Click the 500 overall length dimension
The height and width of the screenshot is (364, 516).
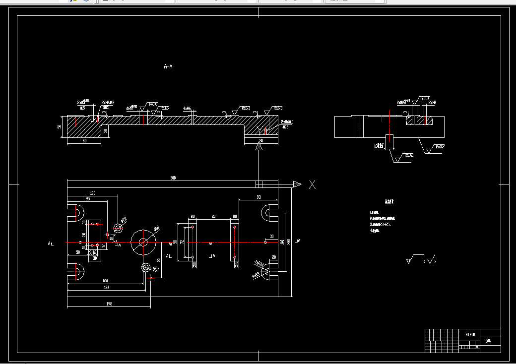coord(173,178)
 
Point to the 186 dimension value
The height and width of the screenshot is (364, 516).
coord(106,288)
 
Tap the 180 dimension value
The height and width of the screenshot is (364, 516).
coord(105,281)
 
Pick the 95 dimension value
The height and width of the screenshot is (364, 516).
coord(88,198)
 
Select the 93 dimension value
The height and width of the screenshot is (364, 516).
coord(258,197)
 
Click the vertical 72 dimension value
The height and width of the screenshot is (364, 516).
coord(182,242)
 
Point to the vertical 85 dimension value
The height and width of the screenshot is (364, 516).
coord(159,259)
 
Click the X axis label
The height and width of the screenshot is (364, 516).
coord(312,184)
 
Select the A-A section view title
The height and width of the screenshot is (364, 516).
coord(168,66)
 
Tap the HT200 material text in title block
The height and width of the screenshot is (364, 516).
coord(470,334)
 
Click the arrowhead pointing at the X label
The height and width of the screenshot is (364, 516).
coord(297,184)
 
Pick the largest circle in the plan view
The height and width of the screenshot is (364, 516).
coord(143,242)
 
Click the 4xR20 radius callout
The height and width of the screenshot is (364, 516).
coord(258,263)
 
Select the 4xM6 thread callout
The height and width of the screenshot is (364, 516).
coord(187,108)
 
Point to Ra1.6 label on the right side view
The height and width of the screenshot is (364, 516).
coord(425,99)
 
